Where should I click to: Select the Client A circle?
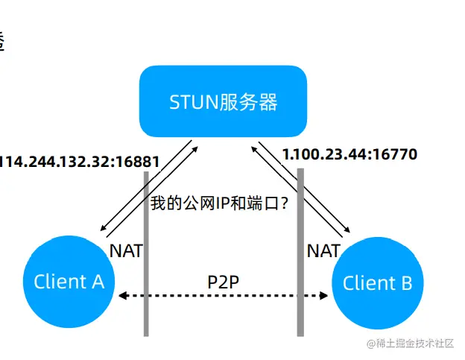pyautogui.click(x=69, y=282)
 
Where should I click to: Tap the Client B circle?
pyautogui.click(x=377, y=284)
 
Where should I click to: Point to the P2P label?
pyautogui.click(x=223, y=282)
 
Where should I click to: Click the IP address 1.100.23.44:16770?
pyautogui.click(x=349, y=155)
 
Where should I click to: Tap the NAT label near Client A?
pyautogui.click(x=126, y=250)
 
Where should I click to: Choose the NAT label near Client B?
pyautogui.click(x=323, y=250)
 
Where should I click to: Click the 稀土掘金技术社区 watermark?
pyautogui.click(x=409, y=344)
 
